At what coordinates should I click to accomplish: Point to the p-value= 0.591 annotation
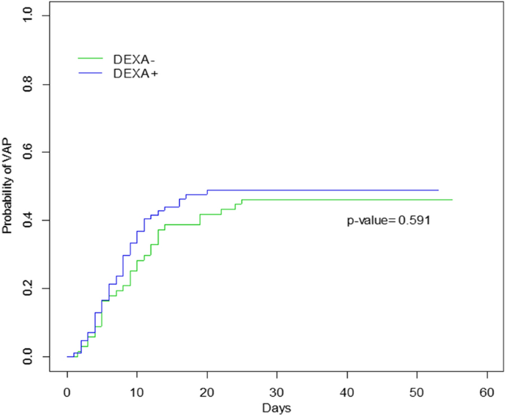coord(389,220)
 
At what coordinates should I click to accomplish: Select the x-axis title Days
coord(277,406)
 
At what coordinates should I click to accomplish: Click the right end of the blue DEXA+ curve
coord(438,190)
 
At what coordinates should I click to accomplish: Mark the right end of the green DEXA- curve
coord(452,200)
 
